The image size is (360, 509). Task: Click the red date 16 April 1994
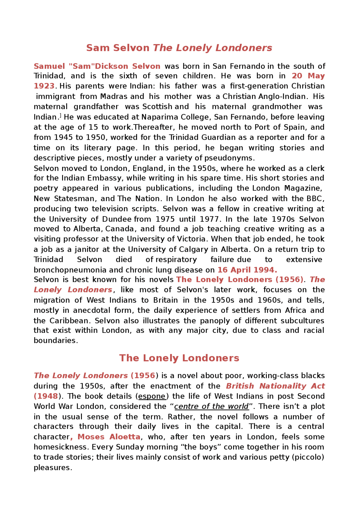247,270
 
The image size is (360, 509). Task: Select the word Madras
114,96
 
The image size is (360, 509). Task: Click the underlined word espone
152,396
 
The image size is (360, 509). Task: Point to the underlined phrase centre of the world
211,406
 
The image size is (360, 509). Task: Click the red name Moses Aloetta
109,437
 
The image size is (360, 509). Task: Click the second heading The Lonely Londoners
179,358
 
